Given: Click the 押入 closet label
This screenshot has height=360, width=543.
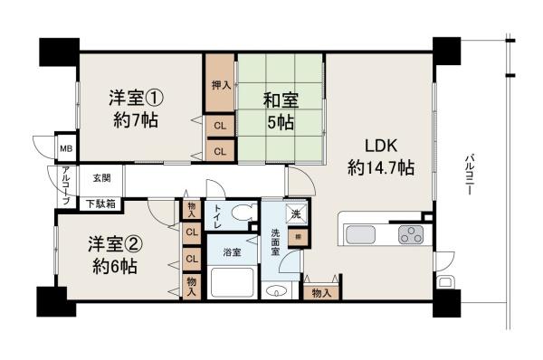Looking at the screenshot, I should (221, 86).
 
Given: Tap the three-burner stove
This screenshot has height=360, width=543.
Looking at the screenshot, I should (412, 233).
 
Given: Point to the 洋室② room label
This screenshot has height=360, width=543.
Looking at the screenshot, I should (112, 254).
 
